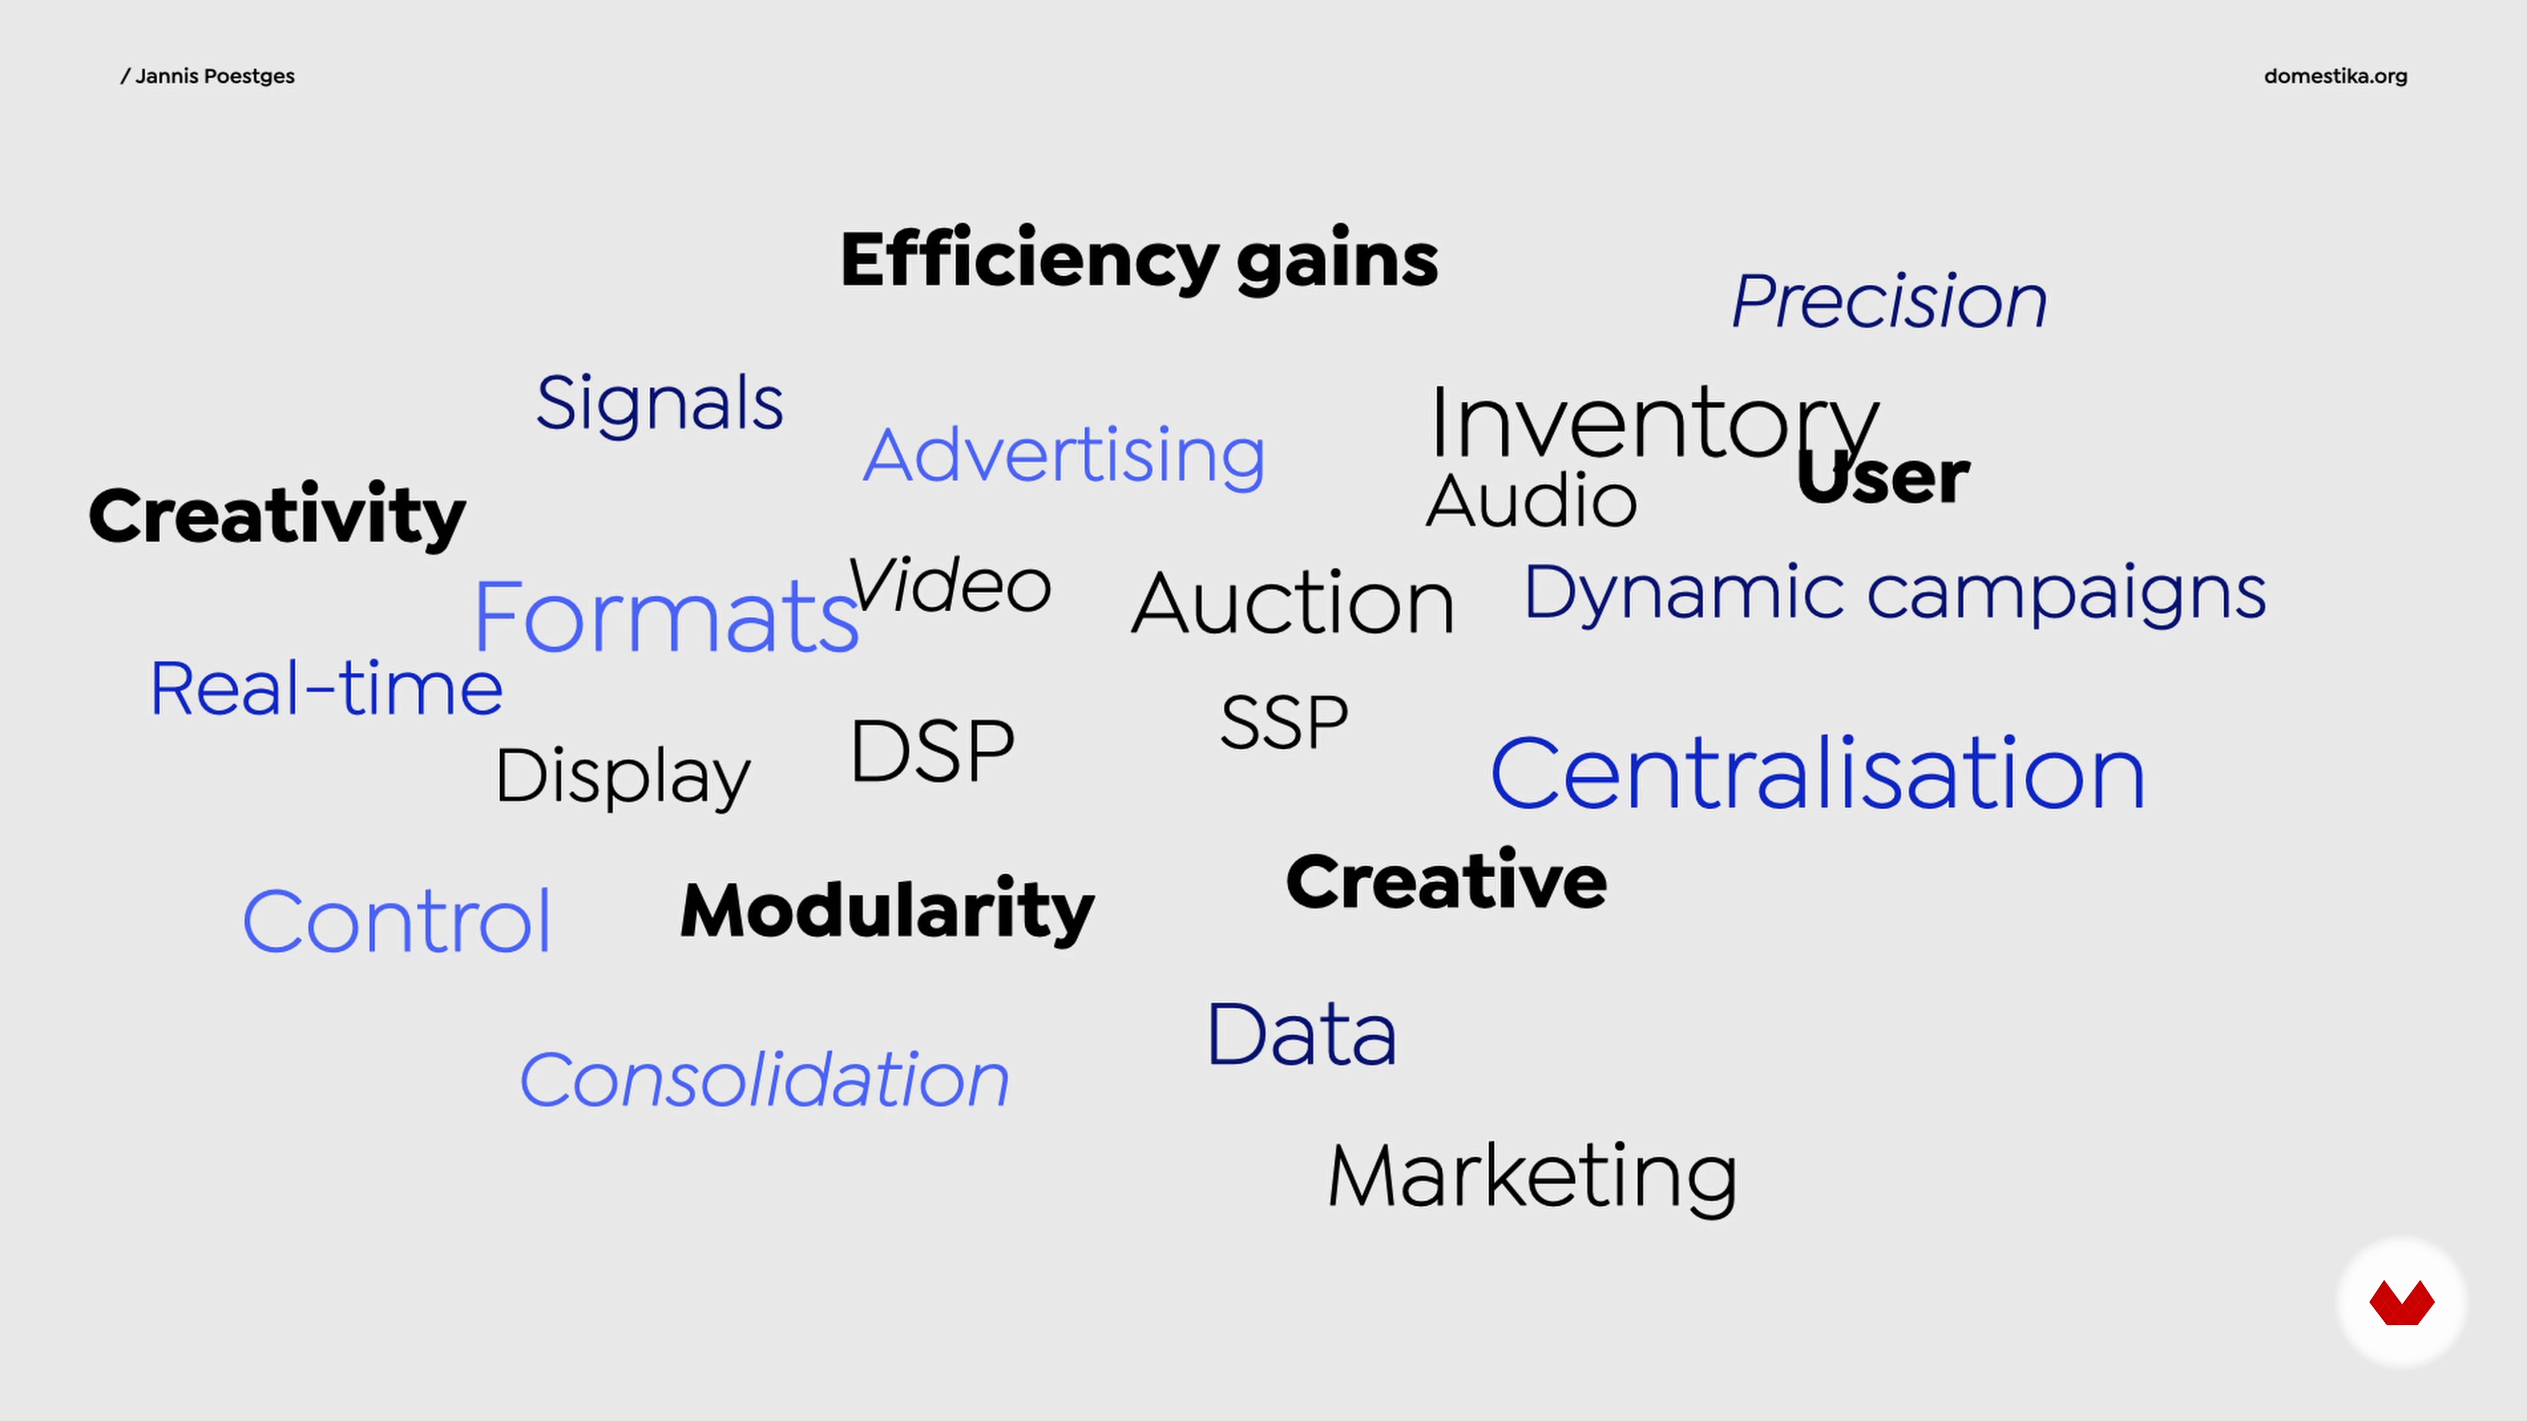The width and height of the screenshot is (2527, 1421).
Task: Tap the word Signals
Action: point(659,404)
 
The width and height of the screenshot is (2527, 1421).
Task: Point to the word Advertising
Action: point(1064,456)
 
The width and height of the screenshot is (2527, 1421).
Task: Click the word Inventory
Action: point(1654,424)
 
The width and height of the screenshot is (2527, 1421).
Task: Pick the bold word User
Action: point(1883,476)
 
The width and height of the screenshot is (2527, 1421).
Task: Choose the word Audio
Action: point(1531,500)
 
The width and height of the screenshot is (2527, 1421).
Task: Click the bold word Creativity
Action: point(276,516)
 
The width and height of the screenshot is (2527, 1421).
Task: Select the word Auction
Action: point(1292,602)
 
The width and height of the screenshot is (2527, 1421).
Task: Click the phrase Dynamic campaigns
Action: point(1895,593)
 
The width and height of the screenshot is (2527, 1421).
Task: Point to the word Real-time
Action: point(326,688)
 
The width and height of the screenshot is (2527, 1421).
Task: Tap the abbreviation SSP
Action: point(1284,723)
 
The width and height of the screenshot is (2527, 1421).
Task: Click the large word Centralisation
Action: point(1818,774)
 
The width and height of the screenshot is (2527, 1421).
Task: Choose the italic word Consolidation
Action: point(764,1080)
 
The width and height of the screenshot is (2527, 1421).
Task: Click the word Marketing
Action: point(1532,1178)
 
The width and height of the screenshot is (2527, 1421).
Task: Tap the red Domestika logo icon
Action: point(2401,1303)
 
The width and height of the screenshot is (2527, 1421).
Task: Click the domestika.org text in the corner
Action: point(2335,76)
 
